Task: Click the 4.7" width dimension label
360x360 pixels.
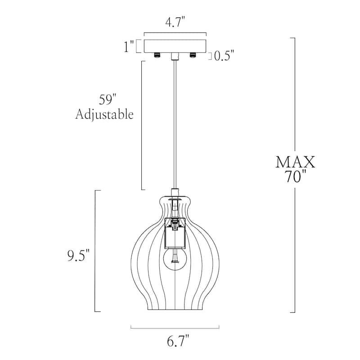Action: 175,22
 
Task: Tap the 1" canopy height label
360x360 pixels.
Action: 129,47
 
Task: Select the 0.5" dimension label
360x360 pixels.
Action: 224,55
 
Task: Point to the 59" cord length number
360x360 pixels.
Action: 108,99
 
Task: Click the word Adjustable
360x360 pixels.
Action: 104,114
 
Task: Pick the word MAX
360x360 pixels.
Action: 295,162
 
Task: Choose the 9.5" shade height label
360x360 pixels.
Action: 78,256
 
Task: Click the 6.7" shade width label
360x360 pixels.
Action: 178,341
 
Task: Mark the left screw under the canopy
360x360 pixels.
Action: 157,55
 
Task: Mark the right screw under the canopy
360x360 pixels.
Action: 193,55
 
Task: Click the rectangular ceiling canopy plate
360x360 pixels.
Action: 175,46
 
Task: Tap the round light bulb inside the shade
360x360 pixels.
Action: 175,259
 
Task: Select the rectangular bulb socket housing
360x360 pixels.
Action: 175,233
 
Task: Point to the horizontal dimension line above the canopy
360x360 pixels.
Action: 175,32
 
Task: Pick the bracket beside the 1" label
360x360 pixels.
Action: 139,46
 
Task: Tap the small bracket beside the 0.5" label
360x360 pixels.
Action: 210,56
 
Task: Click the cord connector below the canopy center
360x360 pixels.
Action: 175,56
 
